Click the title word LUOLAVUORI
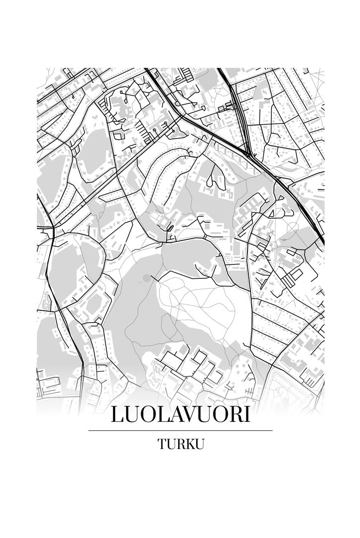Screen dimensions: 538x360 [180, 414]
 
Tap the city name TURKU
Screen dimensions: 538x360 [180, 444]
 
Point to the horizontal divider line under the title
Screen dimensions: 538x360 [180, 430]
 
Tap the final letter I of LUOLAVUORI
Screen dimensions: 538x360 [246, 414]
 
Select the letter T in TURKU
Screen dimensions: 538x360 [162, 444]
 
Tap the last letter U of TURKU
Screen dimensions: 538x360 [198, 444]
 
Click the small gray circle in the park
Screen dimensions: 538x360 [146, 278]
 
